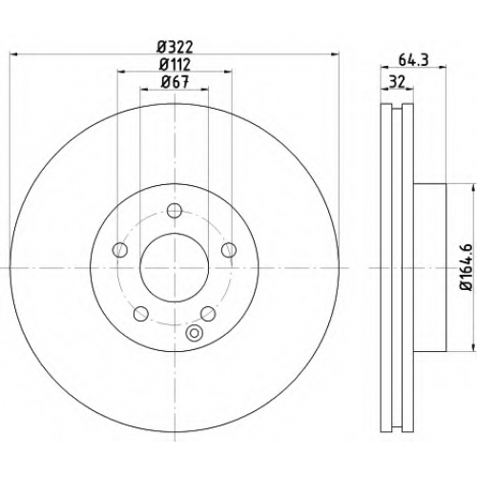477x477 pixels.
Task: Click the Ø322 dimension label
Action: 176,48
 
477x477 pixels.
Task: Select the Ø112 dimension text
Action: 175,65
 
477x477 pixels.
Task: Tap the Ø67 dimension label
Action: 175,82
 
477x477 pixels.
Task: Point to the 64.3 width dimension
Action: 413,60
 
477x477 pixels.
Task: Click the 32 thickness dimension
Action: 398,82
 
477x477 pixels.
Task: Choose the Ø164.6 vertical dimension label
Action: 467,267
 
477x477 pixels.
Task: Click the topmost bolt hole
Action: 175,210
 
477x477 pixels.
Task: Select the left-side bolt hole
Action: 120,250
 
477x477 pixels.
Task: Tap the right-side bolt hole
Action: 229,250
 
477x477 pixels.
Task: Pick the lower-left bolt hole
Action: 141,314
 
